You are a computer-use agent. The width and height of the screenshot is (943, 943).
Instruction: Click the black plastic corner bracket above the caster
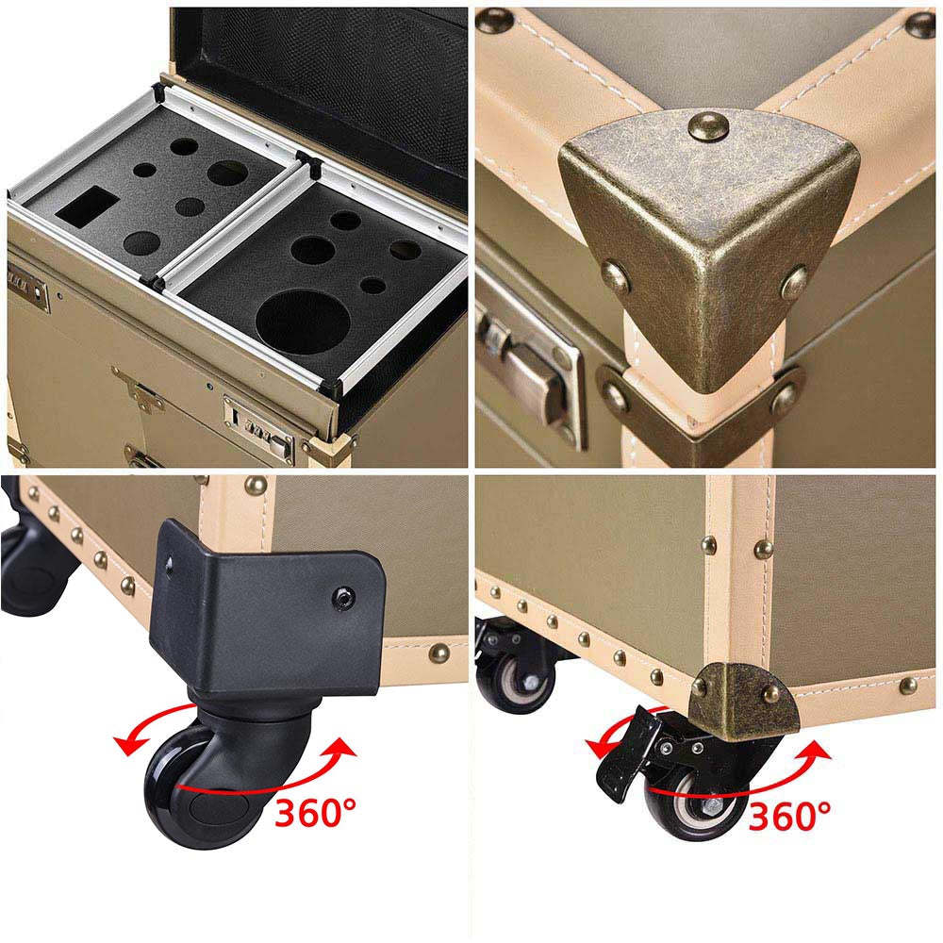[x=268, y=607]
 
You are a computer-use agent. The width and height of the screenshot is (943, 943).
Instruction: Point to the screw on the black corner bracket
[x=344, y=597]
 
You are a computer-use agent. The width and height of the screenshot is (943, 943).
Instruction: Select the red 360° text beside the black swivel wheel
[x=315, y=814]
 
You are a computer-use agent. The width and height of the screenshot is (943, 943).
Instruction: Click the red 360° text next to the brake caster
[x=789, y=816]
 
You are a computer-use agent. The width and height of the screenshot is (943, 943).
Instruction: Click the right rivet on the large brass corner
[x=794, y=283]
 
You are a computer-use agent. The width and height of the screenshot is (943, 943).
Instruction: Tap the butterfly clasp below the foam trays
[x=140, y=389]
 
